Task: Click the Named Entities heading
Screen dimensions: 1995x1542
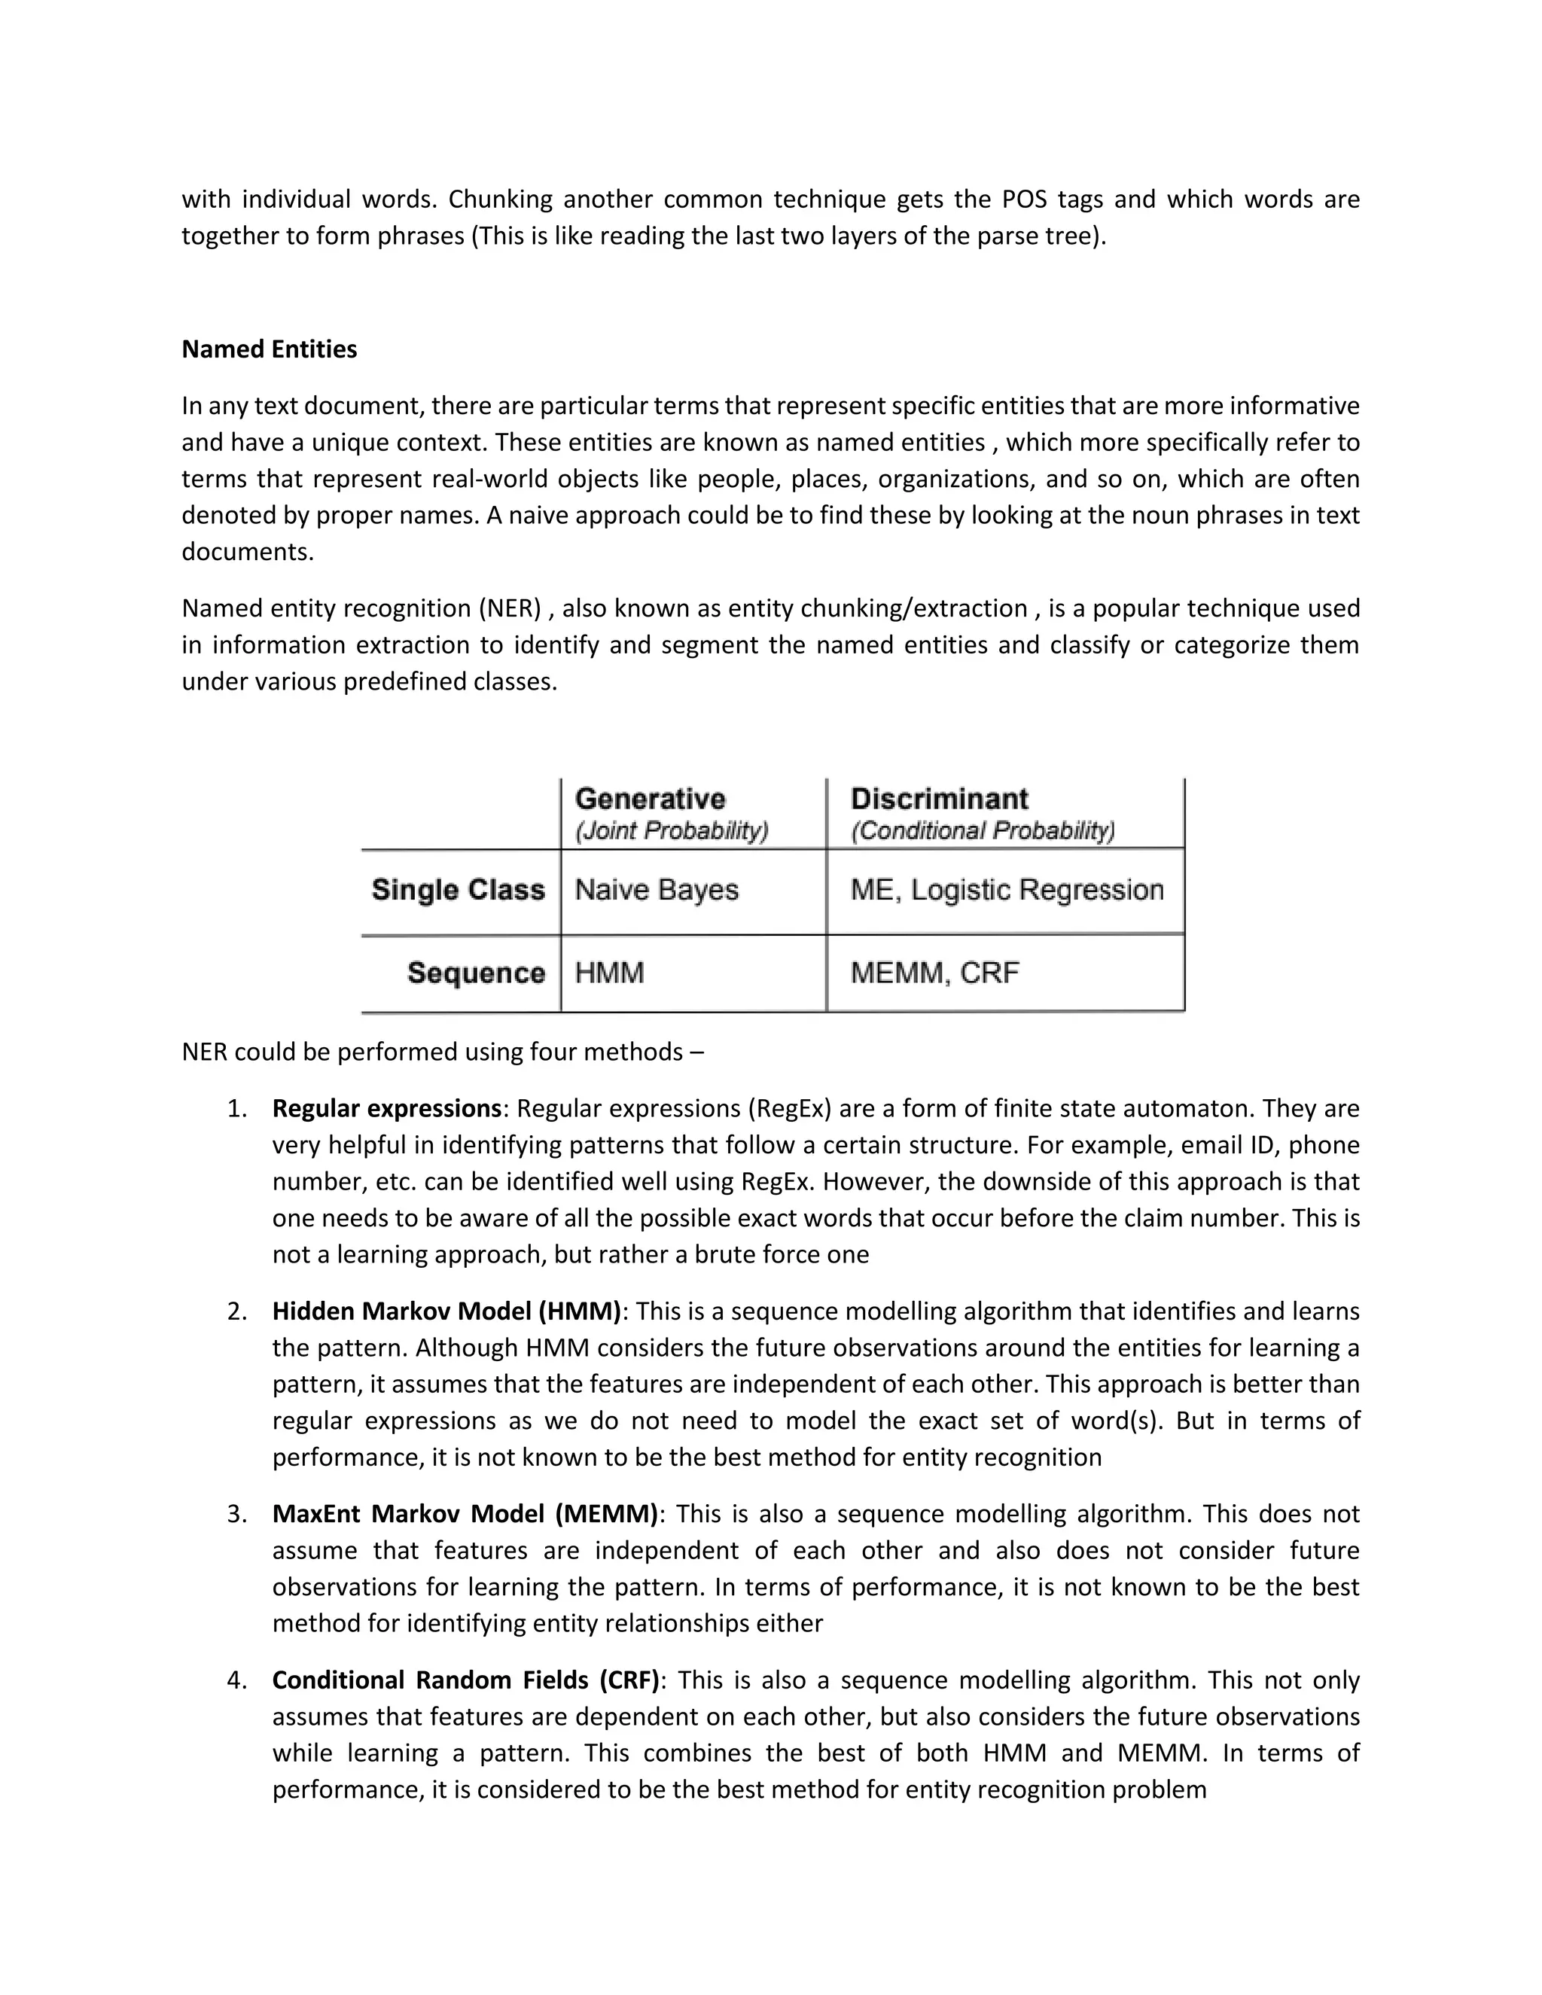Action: click(269, 349)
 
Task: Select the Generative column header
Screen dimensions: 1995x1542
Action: click(650, 798)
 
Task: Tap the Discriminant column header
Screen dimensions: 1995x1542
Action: click(938, 798)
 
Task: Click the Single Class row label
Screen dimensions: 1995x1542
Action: click(458, 890)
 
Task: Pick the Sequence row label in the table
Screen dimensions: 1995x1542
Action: click(475, 973)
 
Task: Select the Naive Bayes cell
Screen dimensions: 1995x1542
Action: click(656, 890)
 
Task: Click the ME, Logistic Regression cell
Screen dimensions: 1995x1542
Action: click(1006, 890)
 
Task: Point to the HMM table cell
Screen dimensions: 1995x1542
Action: click(609, 973)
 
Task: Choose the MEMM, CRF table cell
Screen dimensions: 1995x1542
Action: click(934, 973)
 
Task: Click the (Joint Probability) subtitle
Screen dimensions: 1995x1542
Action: click(672, 830)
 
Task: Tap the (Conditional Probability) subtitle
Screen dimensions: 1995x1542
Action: click(982, 830)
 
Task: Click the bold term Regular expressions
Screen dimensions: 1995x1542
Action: click(386, 1108)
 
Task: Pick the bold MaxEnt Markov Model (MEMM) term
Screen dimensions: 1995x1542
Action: click(464, 1514)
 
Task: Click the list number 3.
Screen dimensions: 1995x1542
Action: click(236, 1514)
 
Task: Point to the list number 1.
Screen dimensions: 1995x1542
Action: click(236, 1108)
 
